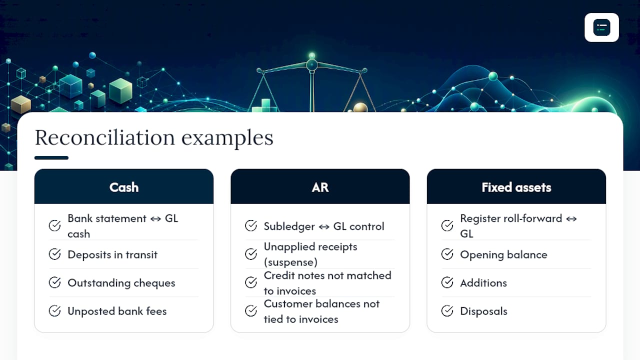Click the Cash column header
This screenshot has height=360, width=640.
click(123, 187)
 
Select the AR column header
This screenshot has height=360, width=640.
click(320, 187)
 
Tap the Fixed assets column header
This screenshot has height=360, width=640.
click(516, 187)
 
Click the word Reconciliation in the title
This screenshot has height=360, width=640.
click(104, 137)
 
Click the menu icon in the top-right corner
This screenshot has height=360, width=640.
click(601, 27)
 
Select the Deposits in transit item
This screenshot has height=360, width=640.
click(112, 254)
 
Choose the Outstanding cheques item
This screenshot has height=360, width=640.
click(121, 283)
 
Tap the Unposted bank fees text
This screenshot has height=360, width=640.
click(117, 311)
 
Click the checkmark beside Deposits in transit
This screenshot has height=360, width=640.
click(54, 254)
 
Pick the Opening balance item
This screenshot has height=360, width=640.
click(503, 254)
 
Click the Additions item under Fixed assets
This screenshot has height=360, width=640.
click(483, 283)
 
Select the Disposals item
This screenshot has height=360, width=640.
click(483, 311)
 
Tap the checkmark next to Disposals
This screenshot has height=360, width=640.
click(447, 311)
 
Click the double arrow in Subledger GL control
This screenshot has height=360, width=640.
click(324, 227)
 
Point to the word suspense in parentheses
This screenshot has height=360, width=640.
click(290, 262)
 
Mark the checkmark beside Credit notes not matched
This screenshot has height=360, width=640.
click(251, 282)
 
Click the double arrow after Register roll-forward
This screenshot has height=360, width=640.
click(571, 219)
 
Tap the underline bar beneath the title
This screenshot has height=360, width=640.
click(51, 157)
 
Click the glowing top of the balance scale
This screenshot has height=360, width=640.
click(312, 55)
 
